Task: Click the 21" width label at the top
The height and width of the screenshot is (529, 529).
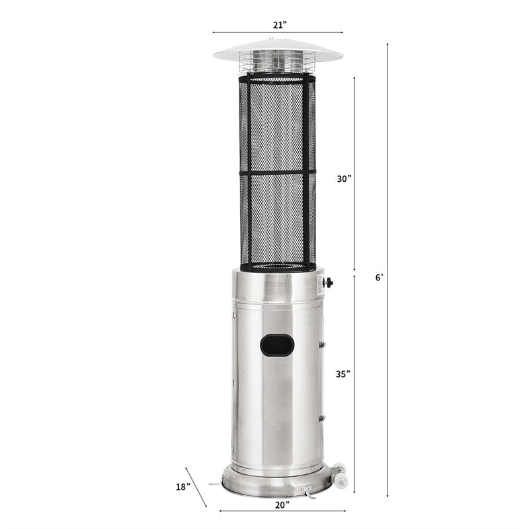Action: [x=279, y=24]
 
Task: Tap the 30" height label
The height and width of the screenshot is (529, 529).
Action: [x=343, y=178]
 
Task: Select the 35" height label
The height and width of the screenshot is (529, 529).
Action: [x=343, y=374]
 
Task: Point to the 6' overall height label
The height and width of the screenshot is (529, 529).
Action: [x=378, y=278]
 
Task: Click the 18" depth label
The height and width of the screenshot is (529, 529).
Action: [x=184, y=487]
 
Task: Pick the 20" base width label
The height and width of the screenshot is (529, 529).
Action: [x=282, y=505]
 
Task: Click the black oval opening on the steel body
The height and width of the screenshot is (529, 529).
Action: [x=277, y=345]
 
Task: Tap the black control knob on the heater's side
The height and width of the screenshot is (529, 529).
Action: [x=327, y=282]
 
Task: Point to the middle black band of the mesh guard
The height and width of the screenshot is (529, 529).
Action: [x=278, y=173]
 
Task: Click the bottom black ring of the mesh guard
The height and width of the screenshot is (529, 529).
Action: [x=278, y=267]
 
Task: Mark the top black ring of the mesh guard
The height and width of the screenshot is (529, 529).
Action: [x=278, y=78]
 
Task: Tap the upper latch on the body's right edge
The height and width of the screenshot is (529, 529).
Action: [x=321, y=345]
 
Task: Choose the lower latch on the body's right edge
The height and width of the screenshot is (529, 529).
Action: [x=321, y=419]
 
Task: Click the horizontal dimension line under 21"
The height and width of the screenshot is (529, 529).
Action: [x=278, y=32]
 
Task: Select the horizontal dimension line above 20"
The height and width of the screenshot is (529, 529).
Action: [x=282, y=510]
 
